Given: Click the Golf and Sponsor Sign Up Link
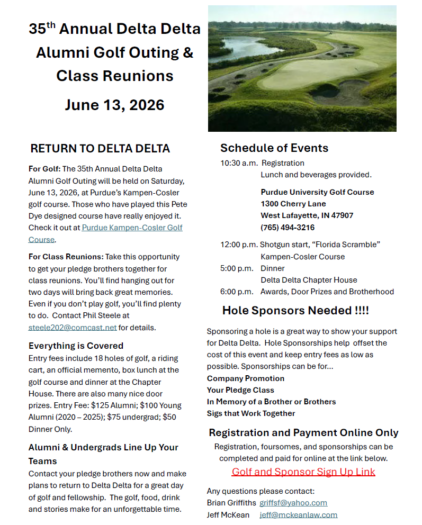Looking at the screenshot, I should pyautogui.click(x=303, y=472).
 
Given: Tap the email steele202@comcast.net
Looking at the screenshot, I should pyautogui.click(x=72, y=327).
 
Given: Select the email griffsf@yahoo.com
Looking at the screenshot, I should pyautogui.click(x=293, y=503).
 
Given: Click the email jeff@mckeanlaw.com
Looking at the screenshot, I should pyautogui.click(x=298, y=514).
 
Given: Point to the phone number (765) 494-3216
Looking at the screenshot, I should pyautogui.click(x=288, y=227).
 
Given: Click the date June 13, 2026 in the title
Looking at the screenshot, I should pyautogui.click(x=114, y=104).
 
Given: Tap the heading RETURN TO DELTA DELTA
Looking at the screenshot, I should pyautogui.click(x=100, y=148).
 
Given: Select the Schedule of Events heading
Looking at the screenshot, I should pyautogui.click(x=274, y=148).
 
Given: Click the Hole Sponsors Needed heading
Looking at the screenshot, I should pyautogui.click(x=295, y=310).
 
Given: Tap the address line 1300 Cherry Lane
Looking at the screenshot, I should pyautogui.click(x=293, y=204).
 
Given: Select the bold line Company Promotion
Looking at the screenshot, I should pyautogui.click(x=246, y=378).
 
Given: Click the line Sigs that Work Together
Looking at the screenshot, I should pyautogui.click(x=251, y=413).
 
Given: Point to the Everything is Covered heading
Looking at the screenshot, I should pyautogui.click(x=76, y=346).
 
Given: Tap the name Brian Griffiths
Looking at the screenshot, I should pyautogui.click(x=231, y=503).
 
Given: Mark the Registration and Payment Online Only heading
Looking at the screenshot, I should pyautogui.click(x=303, y=432).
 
